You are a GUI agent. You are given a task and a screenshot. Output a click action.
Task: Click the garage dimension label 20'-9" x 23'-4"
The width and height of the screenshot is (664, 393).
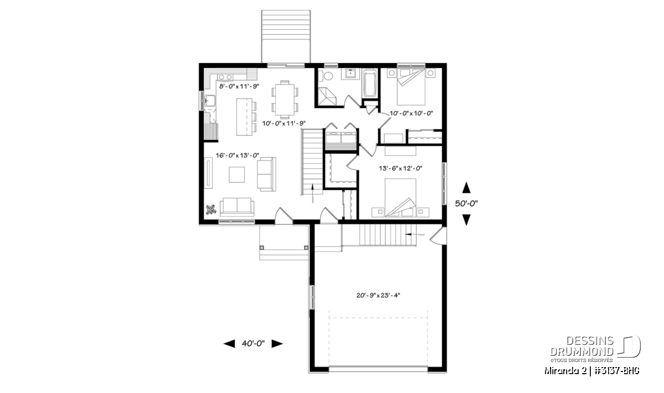pos(378,295)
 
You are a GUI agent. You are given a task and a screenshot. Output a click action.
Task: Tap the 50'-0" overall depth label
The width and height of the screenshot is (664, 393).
pos(466,203)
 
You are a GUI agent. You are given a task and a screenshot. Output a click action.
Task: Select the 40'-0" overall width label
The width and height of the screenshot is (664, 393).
pos(253,344)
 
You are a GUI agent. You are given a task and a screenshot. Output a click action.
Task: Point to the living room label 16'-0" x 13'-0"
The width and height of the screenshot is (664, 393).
pos(237,155)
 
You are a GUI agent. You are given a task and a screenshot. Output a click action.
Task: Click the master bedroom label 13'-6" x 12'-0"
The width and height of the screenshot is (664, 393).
pos(401,168)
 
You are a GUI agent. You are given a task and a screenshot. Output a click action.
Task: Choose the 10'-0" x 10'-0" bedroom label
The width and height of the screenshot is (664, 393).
pos(411,113)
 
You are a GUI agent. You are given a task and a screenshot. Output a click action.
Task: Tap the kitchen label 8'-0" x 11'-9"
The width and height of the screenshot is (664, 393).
pos(239,86)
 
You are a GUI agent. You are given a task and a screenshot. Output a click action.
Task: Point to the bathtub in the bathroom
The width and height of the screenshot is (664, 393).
pos(370,83)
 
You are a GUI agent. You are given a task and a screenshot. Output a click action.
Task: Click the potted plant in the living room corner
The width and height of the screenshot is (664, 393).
pos(211,209)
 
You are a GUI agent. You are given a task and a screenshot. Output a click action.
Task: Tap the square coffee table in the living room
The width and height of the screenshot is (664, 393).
pos(237,175)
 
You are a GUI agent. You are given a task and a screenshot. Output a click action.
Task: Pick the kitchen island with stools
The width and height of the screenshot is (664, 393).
pos(246,117)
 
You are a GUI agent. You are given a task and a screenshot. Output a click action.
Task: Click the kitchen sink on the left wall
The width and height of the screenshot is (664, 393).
pos(210,101)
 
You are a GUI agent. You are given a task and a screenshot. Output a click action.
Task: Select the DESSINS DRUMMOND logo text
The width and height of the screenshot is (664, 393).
pos(582,346)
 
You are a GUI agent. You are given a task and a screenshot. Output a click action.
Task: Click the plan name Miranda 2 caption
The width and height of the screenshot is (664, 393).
pos(565,371)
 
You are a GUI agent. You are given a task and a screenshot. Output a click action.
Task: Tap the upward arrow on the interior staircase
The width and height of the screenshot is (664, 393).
pos(313,193)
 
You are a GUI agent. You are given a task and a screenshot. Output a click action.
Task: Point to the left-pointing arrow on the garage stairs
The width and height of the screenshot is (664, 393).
pos(414,234)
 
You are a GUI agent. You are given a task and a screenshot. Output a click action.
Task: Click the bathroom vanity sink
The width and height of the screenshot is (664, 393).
pos(351,74)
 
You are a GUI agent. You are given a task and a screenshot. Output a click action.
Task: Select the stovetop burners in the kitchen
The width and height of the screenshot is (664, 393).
pos(225,77)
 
